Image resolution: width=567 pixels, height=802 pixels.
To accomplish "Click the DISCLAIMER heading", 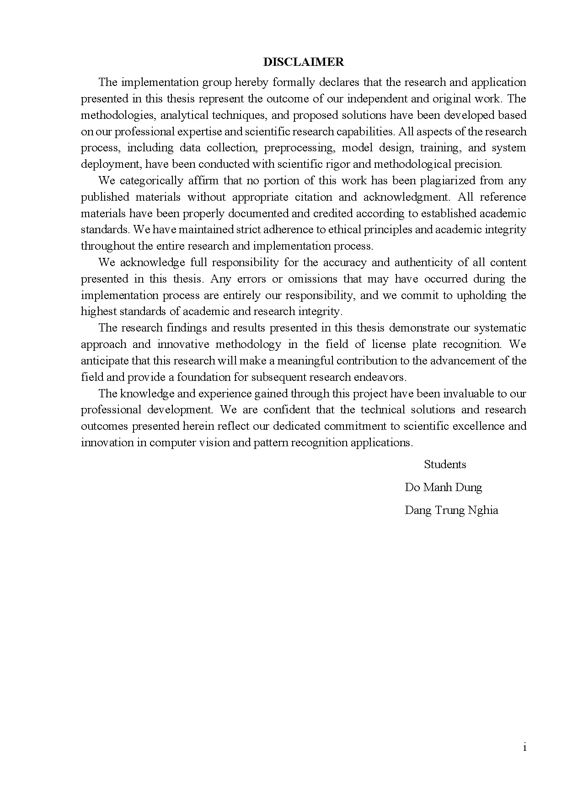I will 304,62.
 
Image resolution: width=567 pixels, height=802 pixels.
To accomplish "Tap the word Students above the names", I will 445,465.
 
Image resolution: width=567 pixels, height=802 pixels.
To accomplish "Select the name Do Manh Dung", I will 443,487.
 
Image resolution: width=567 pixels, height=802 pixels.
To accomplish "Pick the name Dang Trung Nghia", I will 451,510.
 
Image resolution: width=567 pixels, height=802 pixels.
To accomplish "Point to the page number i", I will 524,748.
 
